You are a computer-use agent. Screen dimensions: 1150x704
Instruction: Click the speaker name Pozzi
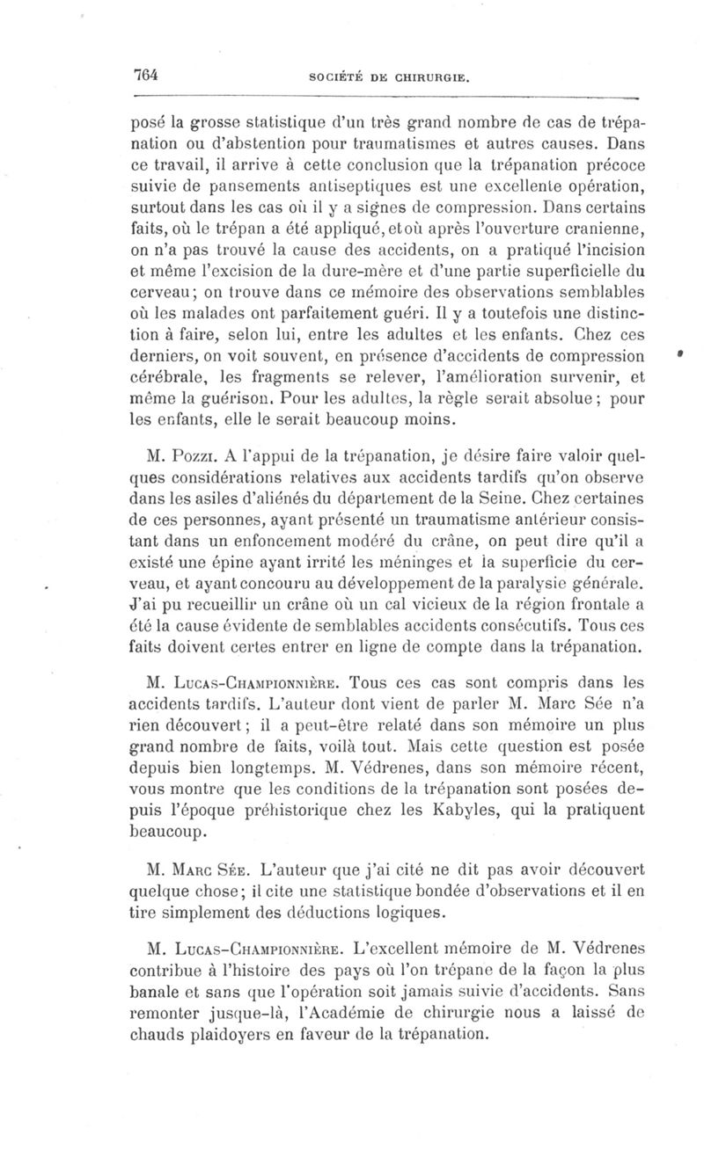pos(193,456)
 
